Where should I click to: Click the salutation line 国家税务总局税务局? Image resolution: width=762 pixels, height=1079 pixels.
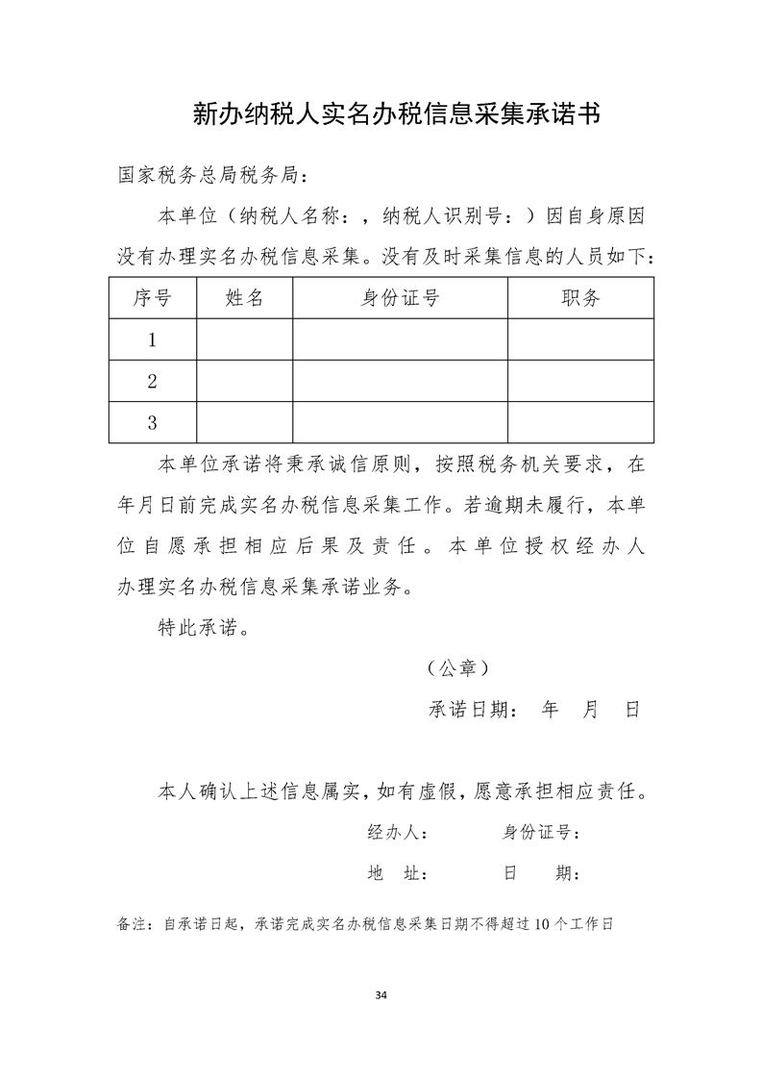pos(212,176)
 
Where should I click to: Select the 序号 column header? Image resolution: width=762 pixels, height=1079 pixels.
pos(152,298)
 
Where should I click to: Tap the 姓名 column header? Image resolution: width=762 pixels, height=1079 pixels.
pos(244,298)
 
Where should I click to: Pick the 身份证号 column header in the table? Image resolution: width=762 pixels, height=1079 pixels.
pos(400,298)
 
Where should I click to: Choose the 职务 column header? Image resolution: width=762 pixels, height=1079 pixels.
pos(580,298)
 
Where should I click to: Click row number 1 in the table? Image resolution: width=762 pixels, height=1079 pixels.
pos(152,339)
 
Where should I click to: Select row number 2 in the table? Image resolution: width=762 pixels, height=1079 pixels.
pos(152,381)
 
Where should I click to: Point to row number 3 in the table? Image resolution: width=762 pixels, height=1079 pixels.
pos(152,422)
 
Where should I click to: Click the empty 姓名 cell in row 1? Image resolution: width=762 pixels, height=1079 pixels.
pos(244,339)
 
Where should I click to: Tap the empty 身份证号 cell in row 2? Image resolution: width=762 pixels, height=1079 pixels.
pos(400,381)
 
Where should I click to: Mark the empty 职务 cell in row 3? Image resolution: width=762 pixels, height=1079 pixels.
pos(580,422)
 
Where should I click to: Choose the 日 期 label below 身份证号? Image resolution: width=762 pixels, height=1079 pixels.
pos(539,874)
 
